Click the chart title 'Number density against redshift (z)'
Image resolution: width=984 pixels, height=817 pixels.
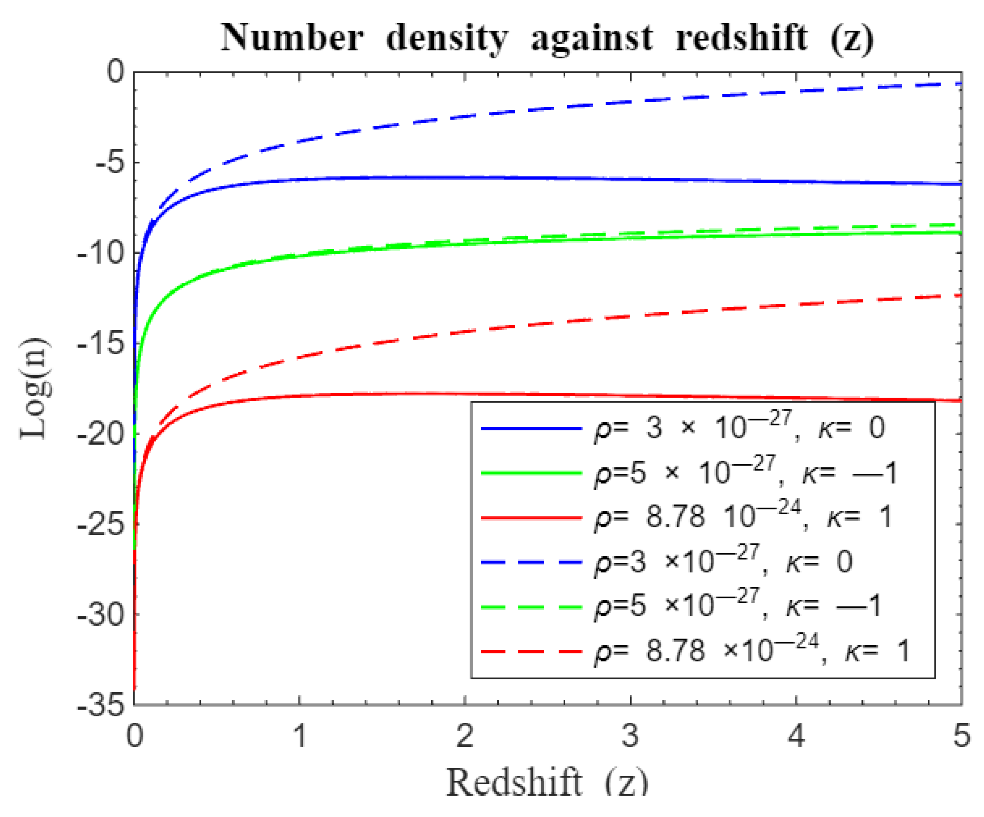[547, 37]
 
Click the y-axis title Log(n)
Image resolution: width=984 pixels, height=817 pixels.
[35, 388]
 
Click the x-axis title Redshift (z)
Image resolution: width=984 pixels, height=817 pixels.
[547, 782]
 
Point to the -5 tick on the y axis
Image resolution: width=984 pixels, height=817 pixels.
[111, 163]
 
